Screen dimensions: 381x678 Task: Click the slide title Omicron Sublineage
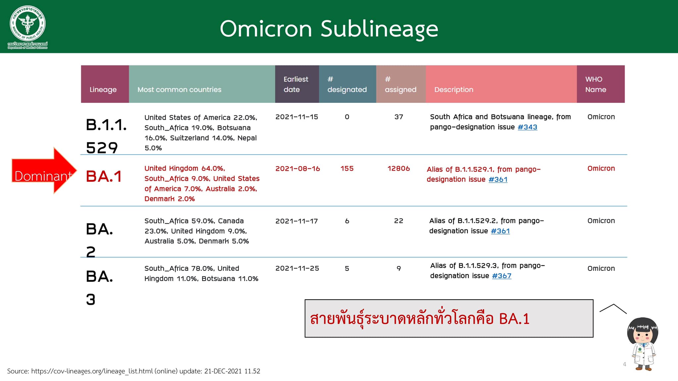point(329,29)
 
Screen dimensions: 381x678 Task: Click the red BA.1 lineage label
point(104,176)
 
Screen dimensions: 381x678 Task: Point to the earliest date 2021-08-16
point(298,169)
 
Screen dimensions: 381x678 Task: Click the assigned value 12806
point(399,169)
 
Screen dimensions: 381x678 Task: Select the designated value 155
point(347,169)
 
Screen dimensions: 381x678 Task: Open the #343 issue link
point(527,127)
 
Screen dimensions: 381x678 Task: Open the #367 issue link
point(502,276)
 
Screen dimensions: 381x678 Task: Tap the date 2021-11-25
point(297,269)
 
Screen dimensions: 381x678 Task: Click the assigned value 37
point(399,117)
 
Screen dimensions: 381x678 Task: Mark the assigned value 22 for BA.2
point(399,221)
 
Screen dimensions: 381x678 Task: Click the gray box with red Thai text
point(449,318)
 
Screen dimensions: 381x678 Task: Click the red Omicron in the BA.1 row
point(601,169)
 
